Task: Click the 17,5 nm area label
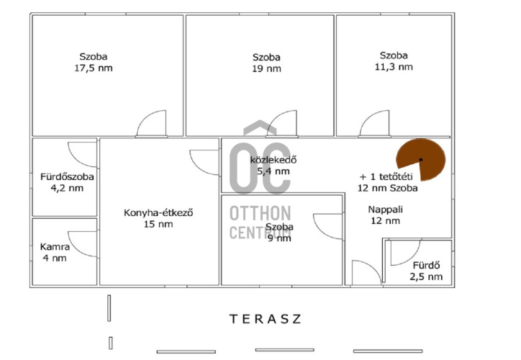click(x=94, y=68)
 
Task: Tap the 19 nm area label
click(x=266, y=69)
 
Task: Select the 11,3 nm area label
click(x=394, y=67)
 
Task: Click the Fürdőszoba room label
click(x=67, y=176)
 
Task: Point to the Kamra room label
click(x=55, y=247)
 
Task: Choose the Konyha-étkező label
click(x=158, y=212)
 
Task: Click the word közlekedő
click(x=273, y=160)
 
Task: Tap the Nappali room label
click(x=386, y=210)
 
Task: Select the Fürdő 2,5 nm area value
click(x=426, y=276)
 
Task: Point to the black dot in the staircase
click(x=421, y=160)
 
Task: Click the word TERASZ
click(x=266, y=319)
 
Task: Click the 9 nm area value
click(x=279, y=238)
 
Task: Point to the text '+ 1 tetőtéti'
click(x=386, y=176)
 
